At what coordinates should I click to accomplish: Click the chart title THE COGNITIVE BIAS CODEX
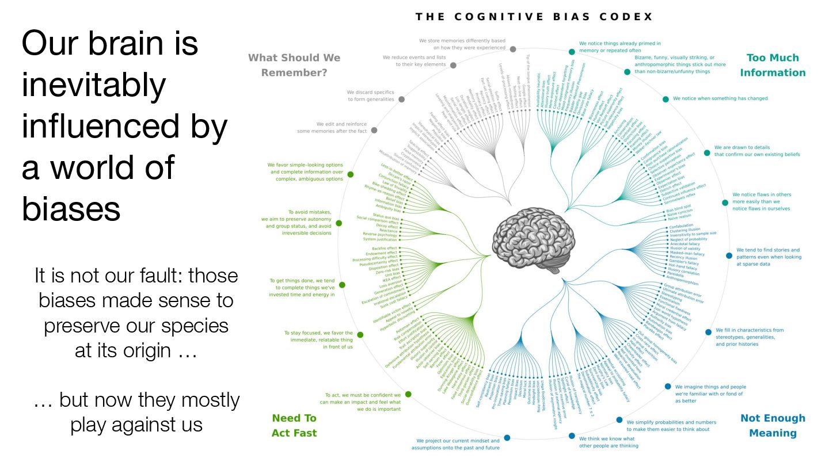[x=534, y=17]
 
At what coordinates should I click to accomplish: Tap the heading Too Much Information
[x=773, y=65]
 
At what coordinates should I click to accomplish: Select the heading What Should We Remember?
[x=294, y=65]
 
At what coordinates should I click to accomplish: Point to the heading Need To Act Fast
[x=294, y=426]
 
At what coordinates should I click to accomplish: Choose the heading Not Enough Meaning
[x=773, y=426]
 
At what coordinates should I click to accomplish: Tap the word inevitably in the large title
[x=94, y=85]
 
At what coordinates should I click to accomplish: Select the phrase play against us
[x=136, y=424]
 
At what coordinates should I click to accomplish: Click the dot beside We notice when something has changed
[x=666, y=99]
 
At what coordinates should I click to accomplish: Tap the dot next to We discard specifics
[x=401, y=99]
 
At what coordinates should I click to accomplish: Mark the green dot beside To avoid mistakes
[x=339, y=223]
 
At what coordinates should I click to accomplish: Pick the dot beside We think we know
[x=572, y=436]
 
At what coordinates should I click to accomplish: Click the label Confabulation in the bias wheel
[x=681, y=227]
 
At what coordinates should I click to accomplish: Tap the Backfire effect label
[x=385, y=248]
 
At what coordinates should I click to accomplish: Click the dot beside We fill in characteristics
[x=708, y=332]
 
